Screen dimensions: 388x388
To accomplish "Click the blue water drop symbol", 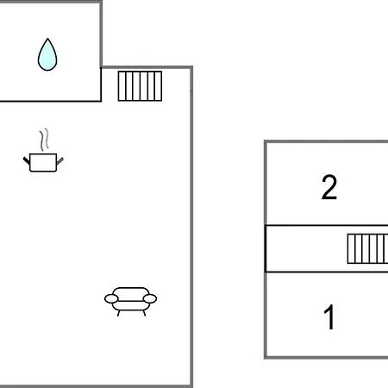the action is tap(47, 54).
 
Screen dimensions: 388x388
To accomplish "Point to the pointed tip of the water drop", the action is tap(47, 39).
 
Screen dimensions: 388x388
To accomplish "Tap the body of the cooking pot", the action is tap(43, 163).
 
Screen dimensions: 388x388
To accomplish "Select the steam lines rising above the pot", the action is tap(44, 140).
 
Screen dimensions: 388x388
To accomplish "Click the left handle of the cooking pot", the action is tap(27, 160).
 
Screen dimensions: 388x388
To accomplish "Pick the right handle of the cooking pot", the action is tap(59, 160).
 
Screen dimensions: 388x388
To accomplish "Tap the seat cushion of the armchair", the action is tap(130, 305).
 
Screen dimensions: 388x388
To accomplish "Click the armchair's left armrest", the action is tap(111, 299).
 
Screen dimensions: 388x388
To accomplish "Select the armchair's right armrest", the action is tap(150, 299).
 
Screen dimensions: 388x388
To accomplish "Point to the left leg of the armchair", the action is tap(118, 313).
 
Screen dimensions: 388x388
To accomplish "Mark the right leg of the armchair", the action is tap(144, 313).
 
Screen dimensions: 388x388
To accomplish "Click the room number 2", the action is tap(329, 187).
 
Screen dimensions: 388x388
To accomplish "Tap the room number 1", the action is tap(329, 317).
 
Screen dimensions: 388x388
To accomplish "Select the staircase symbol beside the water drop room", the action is tap(140, 86).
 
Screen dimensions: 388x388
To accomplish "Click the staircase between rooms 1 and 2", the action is tap(367, 248).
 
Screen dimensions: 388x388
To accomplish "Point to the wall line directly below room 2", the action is tap(327, 226).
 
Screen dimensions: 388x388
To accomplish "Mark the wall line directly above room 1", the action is tap(327, 272).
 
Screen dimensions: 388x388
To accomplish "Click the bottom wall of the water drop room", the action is tap(51, 101).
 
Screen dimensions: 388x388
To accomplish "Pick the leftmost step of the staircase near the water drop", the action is tap(122, 86).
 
